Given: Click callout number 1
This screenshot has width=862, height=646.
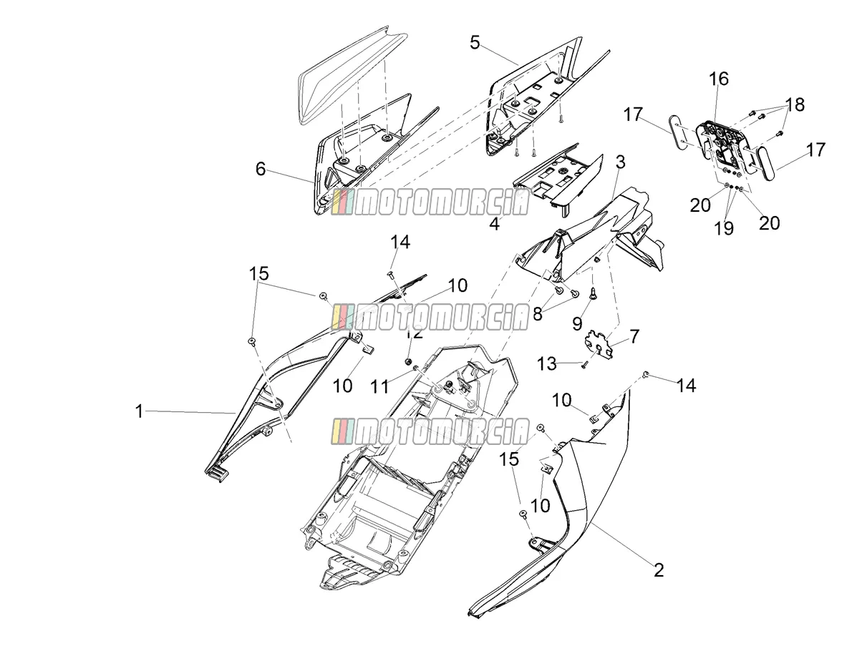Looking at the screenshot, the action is pos(139,412).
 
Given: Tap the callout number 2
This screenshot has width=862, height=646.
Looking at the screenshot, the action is pos(659,570).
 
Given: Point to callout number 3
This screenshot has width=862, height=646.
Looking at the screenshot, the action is pos(620,162).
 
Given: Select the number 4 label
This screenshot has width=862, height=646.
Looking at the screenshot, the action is pos(495,224).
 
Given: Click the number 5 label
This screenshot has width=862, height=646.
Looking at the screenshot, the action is pos(475,42).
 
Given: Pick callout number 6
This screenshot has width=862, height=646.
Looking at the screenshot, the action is pos(261,169).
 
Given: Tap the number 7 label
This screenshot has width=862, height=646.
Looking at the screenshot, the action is pos(634,336).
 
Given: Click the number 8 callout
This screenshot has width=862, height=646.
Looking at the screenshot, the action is pos(537,314).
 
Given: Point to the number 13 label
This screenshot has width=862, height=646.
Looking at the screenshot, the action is pos(547,364).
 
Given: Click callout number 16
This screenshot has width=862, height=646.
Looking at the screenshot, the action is pos(719,79).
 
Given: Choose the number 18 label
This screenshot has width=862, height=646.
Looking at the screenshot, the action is pos(795,104).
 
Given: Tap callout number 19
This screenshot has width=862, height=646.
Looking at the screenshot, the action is pos(724,228).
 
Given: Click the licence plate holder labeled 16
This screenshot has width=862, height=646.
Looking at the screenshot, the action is pos(718,147).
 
